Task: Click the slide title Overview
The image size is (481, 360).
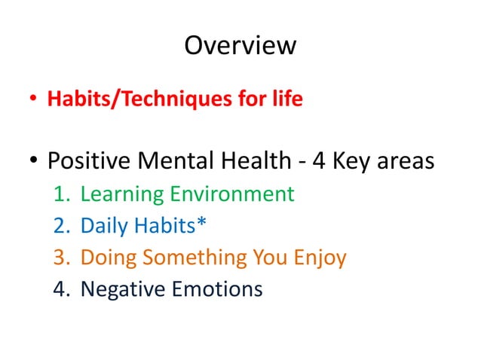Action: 240,46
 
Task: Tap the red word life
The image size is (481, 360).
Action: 287,99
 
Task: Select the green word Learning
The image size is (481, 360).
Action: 121,194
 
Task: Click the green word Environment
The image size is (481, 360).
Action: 231,194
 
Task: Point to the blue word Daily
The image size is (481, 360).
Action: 104,226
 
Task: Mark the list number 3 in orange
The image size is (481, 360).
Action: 60,258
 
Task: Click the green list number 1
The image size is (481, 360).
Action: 60,194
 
